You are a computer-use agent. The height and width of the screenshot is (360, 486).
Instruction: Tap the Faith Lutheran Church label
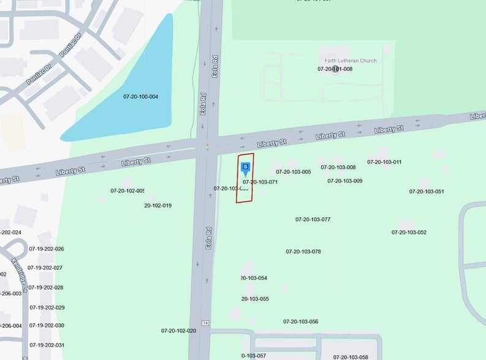click(351, 61)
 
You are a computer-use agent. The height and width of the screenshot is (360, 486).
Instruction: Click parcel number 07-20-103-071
click(260, 182)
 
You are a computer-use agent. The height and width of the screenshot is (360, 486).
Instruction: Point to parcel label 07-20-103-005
click(293, 172)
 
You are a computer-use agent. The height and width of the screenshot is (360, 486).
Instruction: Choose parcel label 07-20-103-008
click(338, 167)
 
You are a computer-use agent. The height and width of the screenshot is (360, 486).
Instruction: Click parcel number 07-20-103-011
click(384, 162)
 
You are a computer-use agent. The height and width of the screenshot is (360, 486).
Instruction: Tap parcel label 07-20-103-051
click(427, 192)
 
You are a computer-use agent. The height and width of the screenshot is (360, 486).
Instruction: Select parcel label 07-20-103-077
click(313, 219)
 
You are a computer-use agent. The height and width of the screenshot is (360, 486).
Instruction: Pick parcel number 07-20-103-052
click(409, 233)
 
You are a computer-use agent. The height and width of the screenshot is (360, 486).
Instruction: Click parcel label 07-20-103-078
click(303, 252)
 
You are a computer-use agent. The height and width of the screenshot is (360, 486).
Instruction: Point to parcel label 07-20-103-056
click(300, 321)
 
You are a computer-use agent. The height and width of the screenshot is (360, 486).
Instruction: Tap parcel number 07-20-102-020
click(178, 331)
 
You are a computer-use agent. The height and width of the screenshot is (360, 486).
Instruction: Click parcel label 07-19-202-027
click(45, 268)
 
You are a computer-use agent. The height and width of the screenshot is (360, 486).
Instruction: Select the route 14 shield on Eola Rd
click(205, 323)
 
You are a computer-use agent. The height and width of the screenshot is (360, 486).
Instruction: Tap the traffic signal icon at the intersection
click(208, 147)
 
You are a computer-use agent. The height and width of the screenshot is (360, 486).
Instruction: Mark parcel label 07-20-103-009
click(344, 181)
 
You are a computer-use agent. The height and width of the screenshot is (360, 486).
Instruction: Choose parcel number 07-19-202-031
click(47, 345)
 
